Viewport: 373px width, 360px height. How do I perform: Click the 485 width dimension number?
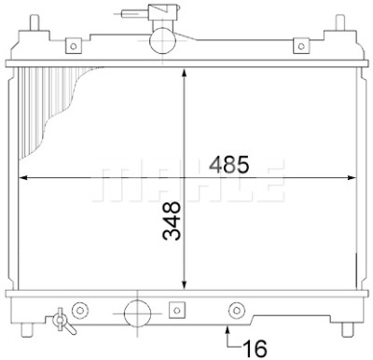pyautogui.click(x=229, y=164)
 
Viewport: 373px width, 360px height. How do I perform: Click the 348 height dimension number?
pyautogui.click(x=172, y=221)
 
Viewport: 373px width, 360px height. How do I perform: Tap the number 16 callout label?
pyautogui.click(x=255, y=349)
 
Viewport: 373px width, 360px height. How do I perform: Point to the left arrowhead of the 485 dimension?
pyautogui.click(x=23, y=178)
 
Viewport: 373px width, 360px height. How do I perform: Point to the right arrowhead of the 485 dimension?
pyautogui.click(x=351, y=178)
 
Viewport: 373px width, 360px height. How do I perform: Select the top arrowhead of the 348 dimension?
pyautogui.click(x=185, y=73)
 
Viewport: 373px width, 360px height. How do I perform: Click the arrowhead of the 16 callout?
pyautogui.click(x=228, y=328)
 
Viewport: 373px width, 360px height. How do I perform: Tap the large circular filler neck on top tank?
pyautogui.click(x=162, y=40)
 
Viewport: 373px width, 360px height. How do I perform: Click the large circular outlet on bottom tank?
pyautogui.click(x=138, y=313)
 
